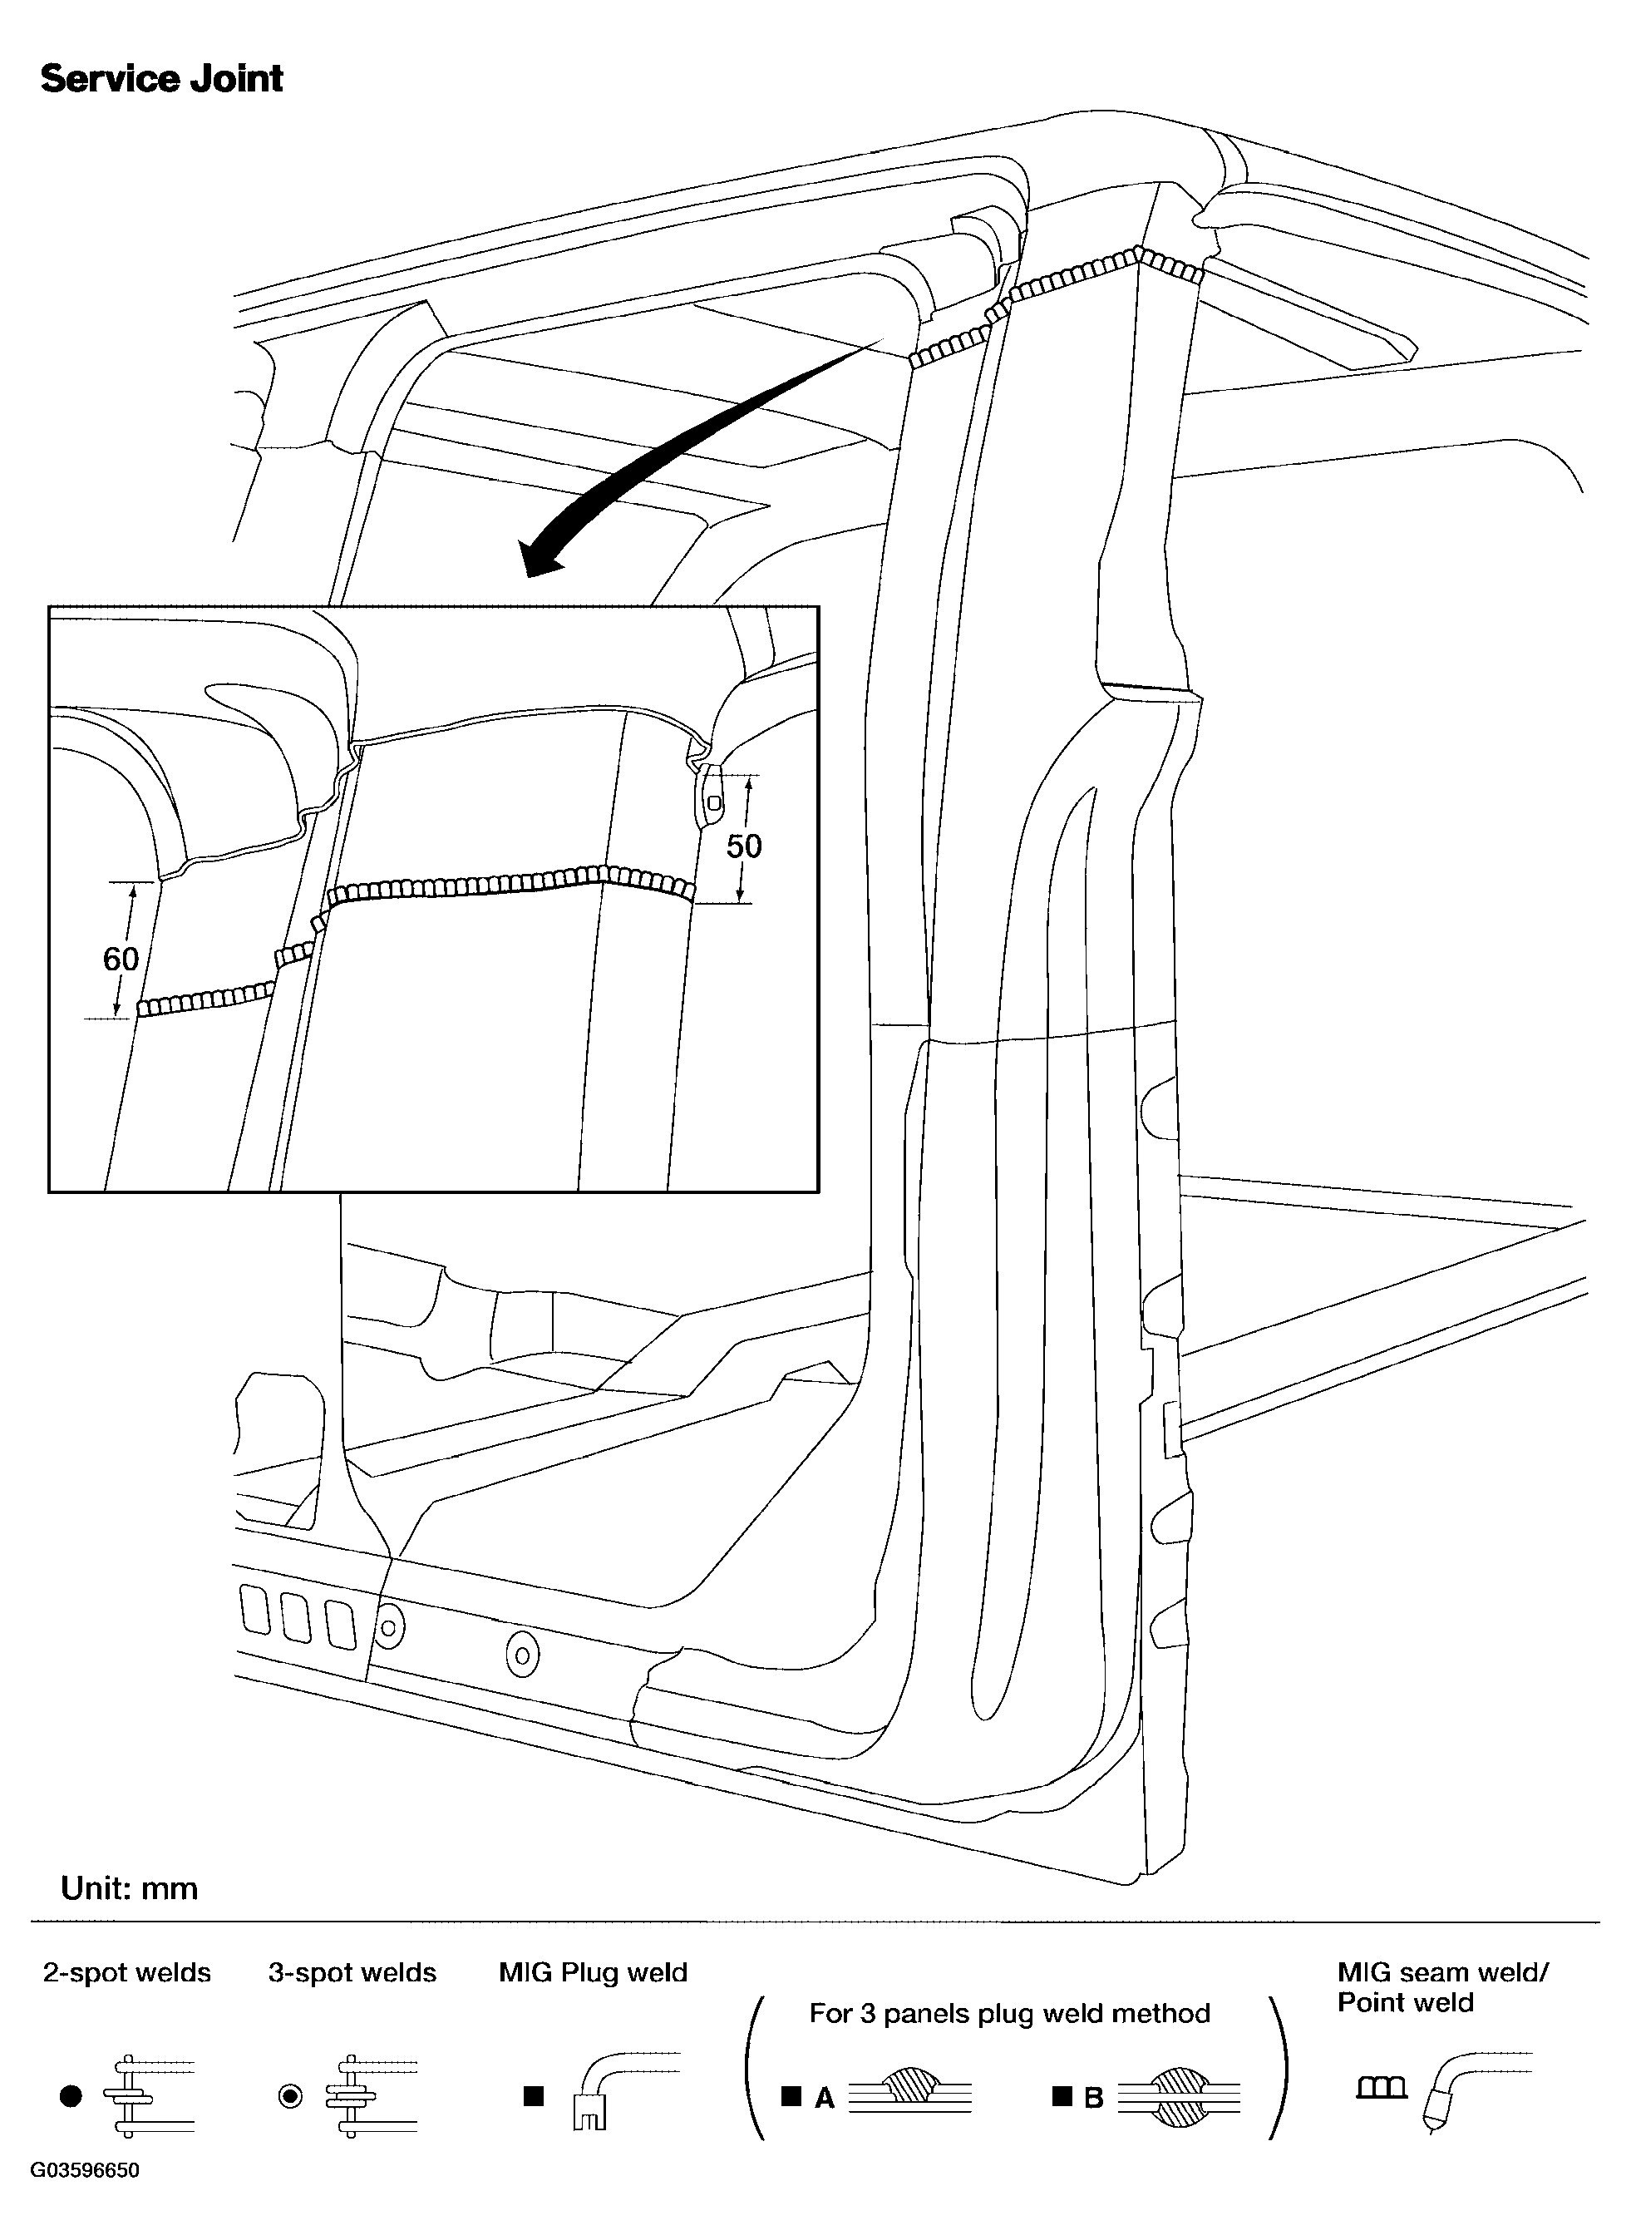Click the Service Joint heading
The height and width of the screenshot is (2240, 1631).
tap(162, 79)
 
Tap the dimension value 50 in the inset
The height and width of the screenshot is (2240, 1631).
tap(744, 846)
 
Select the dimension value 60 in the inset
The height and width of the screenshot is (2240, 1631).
tap(121, 958)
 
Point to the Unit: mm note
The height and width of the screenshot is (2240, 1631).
tap(130, 1888)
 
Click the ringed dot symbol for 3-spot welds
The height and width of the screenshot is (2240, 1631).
tap(290, 2097)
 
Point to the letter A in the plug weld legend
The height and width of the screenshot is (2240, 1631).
tap(825, 2099)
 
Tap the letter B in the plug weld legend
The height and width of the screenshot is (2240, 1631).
tap(1093, 2099)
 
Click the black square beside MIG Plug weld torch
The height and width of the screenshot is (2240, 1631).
tap(535, 2097)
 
